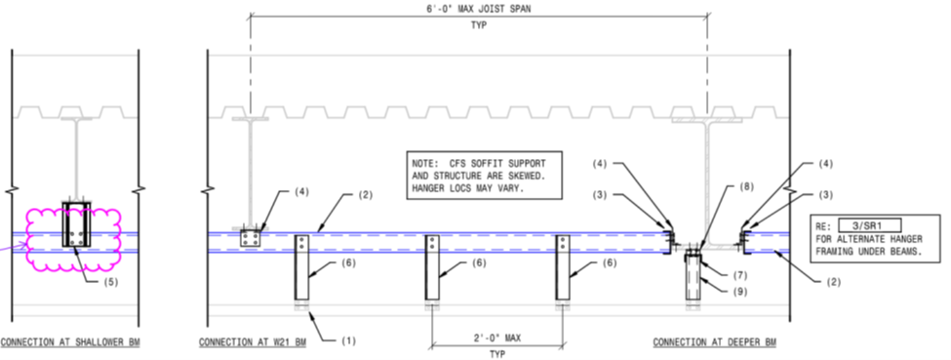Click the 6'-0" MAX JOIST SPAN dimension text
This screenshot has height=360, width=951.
point(479,9)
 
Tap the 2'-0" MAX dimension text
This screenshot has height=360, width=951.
point(496,338)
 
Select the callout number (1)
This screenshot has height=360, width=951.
point(347,340)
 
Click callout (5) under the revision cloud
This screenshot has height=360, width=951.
point(110,282)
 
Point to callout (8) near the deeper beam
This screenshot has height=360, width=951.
point(746,186)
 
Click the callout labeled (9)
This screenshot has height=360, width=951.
point(740,292)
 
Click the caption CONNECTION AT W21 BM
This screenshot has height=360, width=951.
point(253,343)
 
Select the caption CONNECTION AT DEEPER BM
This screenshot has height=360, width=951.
point(714,343)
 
